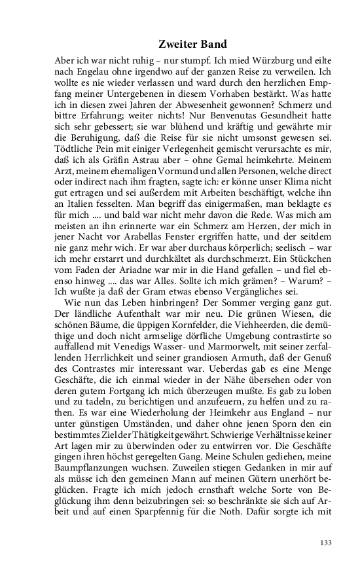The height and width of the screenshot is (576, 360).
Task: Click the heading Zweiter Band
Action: coord(192,45)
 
